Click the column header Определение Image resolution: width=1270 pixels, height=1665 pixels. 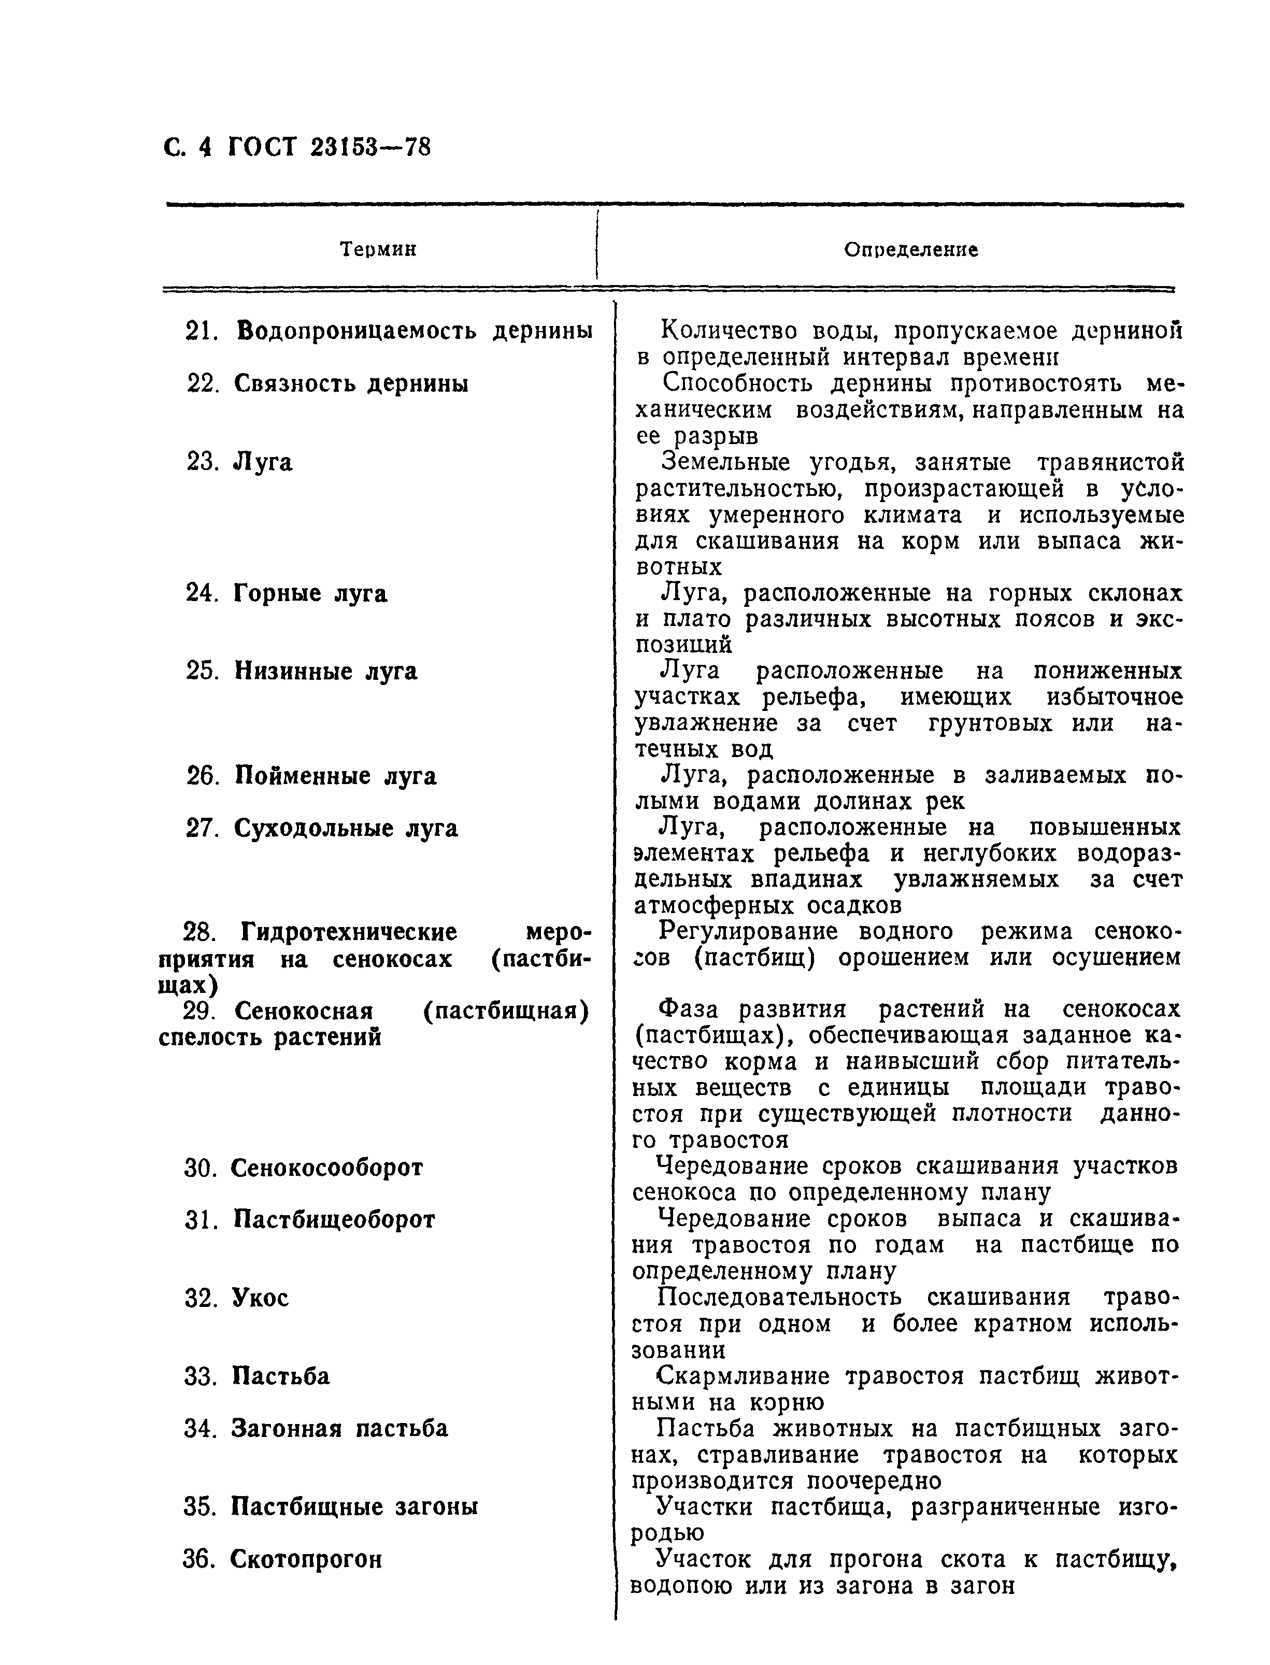tap(910, 250)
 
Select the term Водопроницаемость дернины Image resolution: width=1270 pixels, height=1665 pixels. tap(414, 331)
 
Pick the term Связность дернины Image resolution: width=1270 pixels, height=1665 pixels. tap(351, 383)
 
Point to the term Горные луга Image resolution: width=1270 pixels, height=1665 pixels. tap(310, 593)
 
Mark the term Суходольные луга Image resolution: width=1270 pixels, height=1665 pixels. tap(346, 828)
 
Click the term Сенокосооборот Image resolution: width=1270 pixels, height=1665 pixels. tap(326, 1168)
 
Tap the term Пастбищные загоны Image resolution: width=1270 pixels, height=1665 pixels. tap(354, 1507)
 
